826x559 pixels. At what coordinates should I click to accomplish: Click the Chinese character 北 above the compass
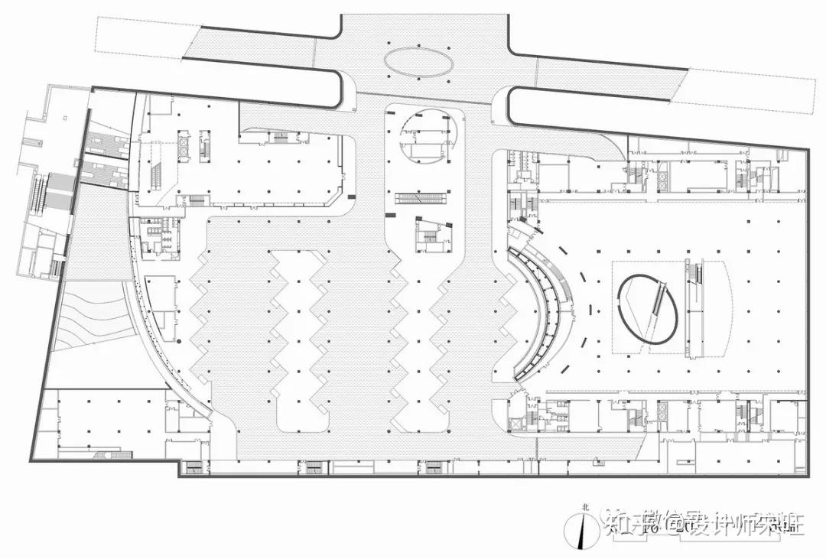coord(586,506)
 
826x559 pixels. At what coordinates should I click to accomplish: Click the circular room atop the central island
coord(425,135)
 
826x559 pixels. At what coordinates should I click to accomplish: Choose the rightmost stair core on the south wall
coord(434,466)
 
